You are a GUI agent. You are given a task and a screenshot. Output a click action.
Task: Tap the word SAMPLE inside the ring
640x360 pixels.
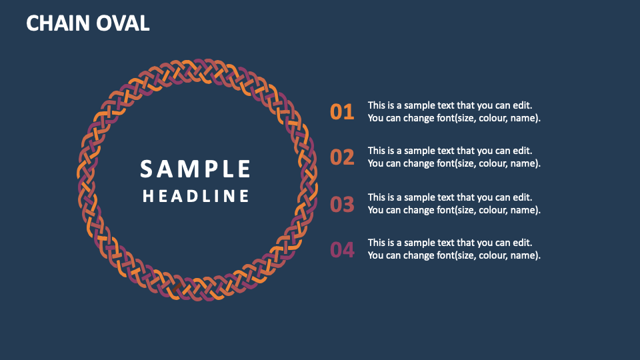tap(195, 169)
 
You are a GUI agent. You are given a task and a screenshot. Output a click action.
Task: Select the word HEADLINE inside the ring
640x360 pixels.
tap(196, 196)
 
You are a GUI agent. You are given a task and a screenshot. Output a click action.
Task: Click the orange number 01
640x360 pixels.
tap(342, 112)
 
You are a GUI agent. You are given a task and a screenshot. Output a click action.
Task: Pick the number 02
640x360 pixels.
tap(342, 157)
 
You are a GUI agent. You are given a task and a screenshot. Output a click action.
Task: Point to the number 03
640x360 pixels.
tap(342, 204)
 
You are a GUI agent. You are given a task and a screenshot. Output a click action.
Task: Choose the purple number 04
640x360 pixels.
tap(342, 250)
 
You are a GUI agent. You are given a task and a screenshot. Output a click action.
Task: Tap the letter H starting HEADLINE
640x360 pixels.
tap(149, 196)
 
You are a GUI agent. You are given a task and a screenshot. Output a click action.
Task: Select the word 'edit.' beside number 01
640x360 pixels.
tap(521, 105)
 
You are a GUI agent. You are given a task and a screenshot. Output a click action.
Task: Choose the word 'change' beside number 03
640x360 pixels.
tap(419, 209)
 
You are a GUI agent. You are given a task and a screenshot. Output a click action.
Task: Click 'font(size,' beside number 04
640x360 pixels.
tap(458, 255)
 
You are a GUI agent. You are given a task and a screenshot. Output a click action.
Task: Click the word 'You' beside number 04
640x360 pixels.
tap(376, 255)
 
